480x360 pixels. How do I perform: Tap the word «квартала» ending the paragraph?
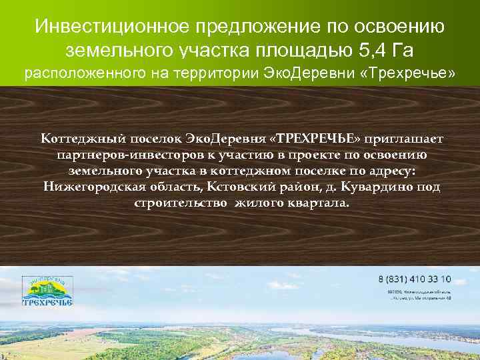tap(319, 203)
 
